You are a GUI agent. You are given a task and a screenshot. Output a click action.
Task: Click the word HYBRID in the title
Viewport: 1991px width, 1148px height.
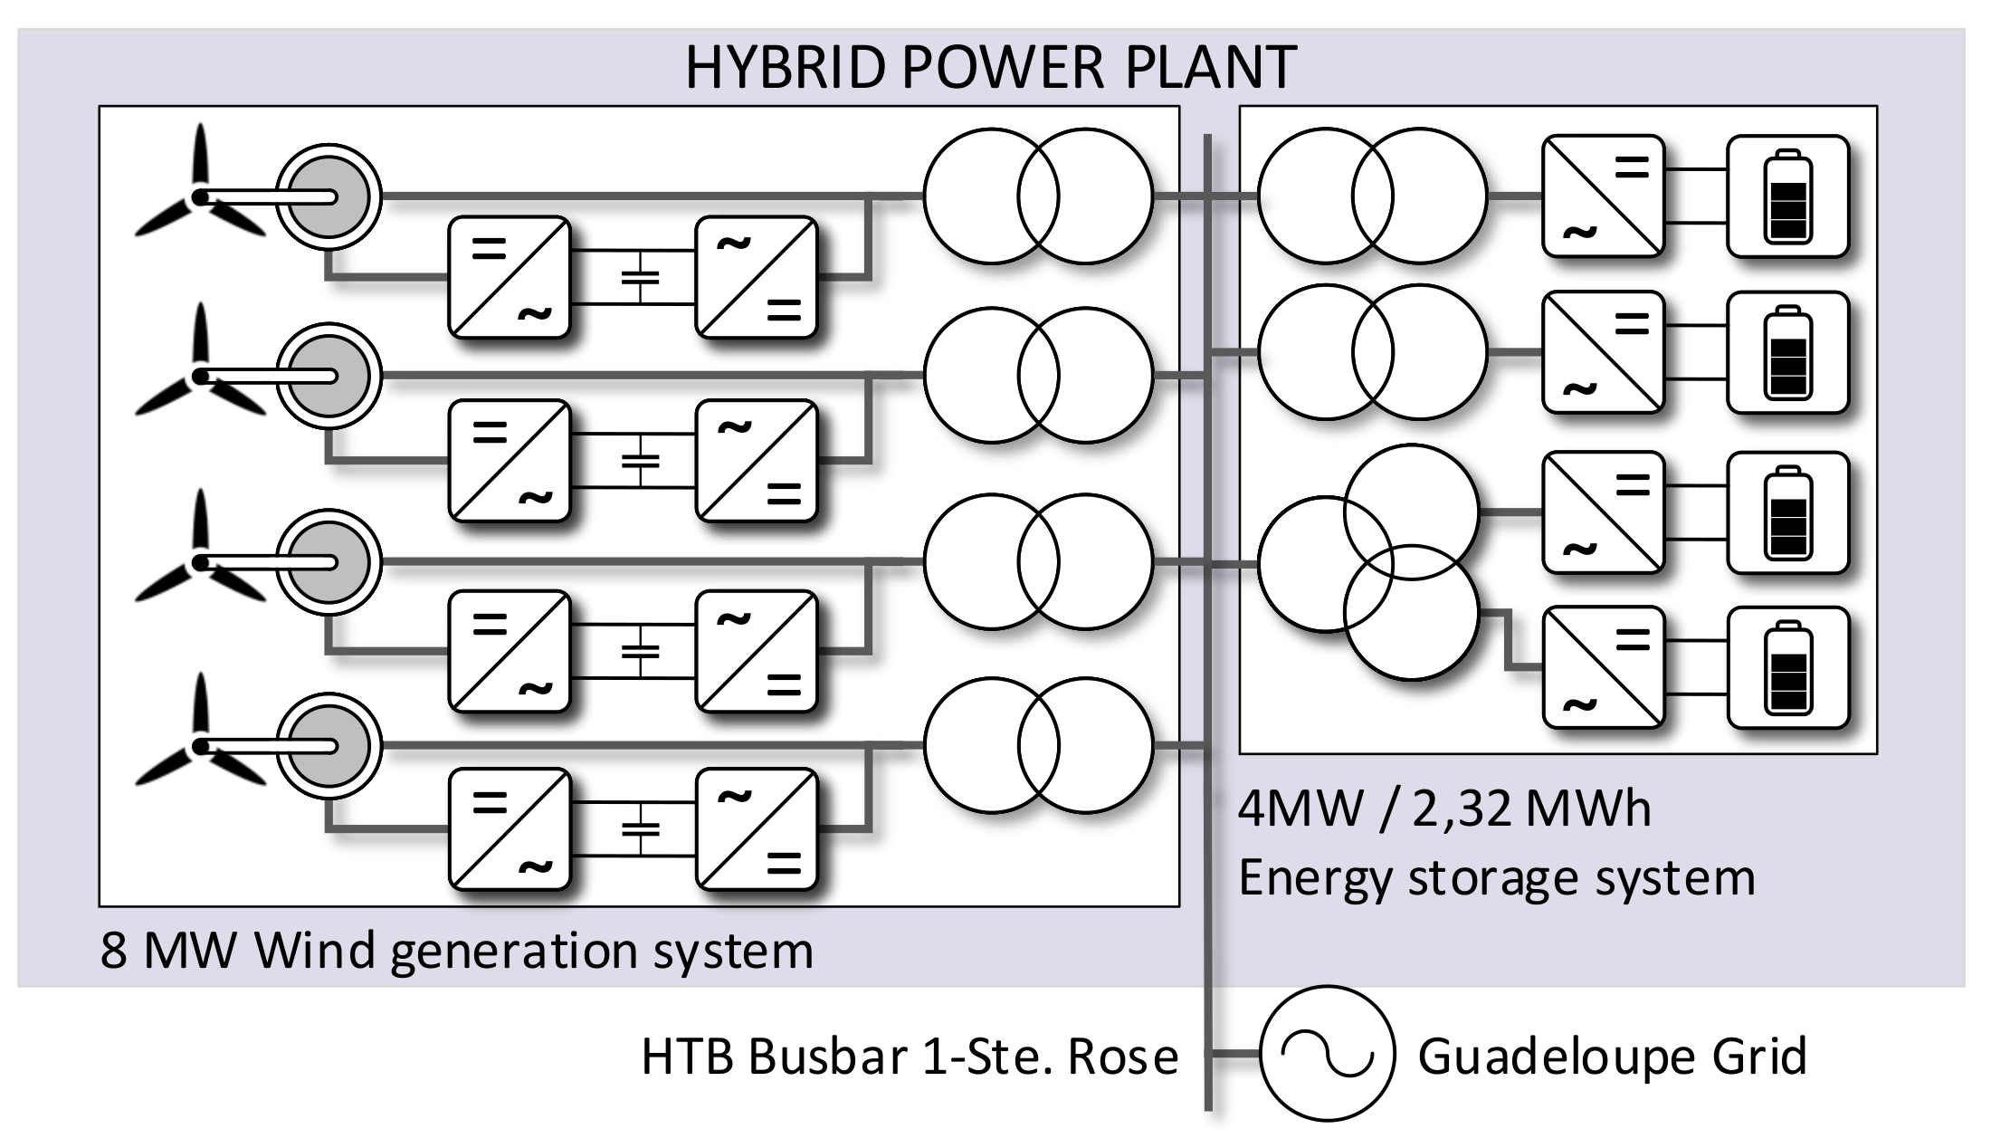pos(784,67)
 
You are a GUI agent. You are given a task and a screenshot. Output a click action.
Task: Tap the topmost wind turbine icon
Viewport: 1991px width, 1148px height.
pos(200,195)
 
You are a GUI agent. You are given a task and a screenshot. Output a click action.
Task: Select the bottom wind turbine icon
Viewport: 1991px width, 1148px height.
pos(200,744)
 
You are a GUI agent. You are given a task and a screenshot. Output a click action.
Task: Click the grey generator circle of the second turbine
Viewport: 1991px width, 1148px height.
pos(329,376)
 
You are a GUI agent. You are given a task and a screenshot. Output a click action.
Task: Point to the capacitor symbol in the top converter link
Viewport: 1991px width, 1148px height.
pos(641,276)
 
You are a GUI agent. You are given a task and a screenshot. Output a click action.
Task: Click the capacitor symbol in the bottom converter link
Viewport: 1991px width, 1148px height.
pos(641,828)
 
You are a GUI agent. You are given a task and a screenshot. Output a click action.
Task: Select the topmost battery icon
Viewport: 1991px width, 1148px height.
pos(1787,196)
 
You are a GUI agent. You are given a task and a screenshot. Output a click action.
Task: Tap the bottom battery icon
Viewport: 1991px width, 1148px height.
pos(1787,667)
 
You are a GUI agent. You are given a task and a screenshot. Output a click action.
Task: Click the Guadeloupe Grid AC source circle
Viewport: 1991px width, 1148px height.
pos(1327,1054)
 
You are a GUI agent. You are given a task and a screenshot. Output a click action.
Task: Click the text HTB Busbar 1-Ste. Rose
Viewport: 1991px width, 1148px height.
pos(910,1056)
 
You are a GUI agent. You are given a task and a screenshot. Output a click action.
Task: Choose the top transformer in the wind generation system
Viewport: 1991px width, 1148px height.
pos(1038,196)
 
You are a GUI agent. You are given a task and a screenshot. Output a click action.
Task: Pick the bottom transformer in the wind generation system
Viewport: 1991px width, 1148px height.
pos(1038,745)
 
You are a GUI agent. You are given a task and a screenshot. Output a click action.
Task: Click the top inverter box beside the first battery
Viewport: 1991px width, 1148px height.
pos(1603,196)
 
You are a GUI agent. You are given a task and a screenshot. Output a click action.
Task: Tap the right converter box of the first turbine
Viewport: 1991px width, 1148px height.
pos(757,276)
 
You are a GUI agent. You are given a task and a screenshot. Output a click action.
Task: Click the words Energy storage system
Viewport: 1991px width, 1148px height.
pos(1496,877)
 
